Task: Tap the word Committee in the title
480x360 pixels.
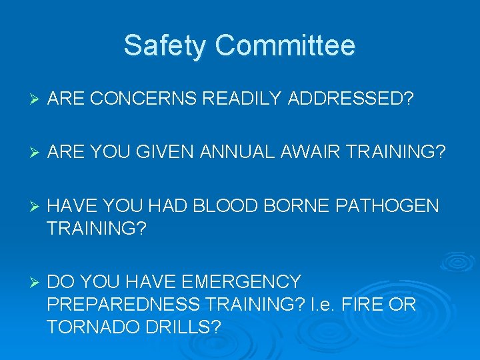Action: [x=285, y=47]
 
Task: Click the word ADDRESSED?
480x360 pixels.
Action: [x=351, y=99]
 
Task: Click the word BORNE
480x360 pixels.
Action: [x=291, y=206]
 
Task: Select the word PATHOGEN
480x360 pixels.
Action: [x=383, y=206]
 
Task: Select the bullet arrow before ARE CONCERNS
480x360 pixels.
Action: [x=36, y=100]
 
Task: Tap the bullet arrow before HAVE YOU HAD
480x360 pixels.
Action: [x=36, y=207]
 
